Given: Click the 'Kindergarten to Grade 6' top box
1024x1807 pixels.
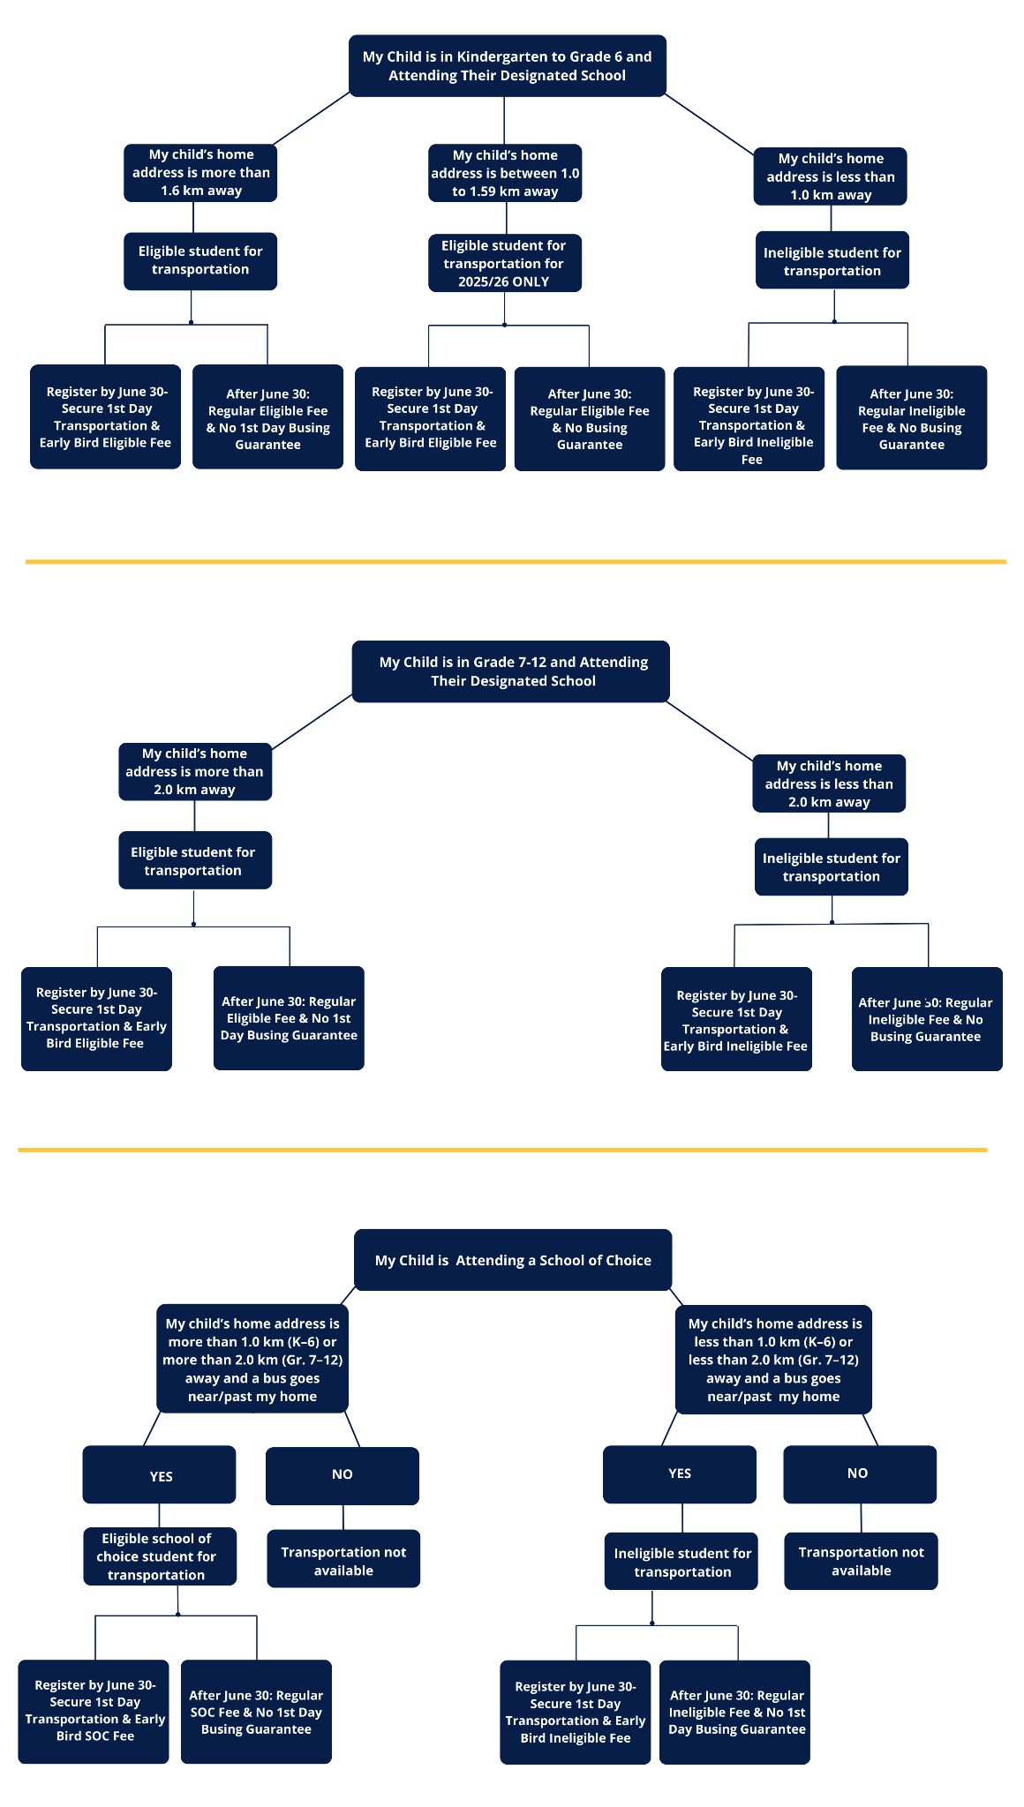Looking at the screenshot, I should [x=507, y=66].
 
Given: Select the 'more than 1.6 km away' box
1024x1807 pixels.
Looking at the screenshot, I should [x=200, y=173].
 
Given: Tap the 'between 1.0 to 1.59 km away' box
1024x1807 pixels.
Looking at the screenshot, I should [x=505, y=173].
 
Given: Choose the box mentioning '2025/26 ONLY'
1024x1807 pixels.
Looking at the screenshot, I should [x=504, y=263].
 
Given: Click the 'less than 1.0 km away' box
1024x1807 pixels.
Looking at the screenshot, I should [x=830, y=176].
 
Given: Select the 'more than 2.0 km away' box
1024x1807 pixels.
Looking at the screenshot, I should [x=195, y=771].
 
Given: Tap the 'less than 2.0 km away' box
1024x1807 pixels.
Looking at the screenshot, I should [x=828, y=784].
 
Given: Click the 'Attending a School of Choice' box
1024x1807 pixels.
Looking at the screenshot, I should [x=512, y=1260].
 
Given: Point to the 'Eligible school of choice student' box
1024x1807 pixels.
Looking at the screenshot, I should [x=159, y=1556].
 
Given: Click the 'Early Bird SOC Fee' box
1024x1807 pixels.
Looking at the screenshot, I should [x=94, y=1711].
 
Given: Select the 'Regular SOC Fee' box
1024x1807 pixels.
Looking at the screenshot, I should [x=256, y=1712].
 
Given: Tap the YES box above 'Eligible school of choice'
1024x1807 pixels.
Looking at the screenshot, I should [x=159, y=1475].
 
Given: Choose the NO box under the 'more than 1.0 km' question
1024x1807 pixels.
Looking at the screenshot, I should [x=343, y=1475].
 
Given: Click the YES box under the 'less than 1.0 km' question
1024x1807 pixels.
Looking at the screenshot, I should [x=680, y=1473].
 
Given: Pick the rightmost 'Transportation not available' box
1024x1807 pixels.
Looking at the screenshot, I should [x=861, y=1561].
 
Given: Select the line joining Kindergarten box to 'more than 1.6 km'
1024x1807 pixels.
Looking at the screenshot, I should [x=312, y=118].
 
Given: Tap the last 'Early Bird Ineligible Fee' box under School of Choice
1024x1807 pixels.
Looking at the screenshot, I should [x=576, y=1712].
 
